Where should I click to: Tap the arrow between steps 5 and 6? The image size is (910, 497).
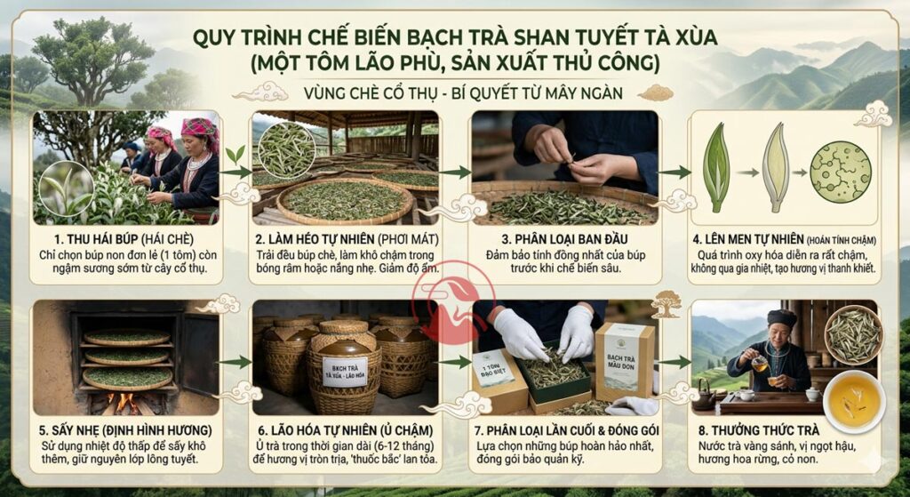234,362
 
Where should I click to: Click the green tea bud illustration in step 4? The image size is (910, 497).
716,166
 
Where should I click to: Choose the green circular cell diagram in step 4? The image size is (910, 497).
840,172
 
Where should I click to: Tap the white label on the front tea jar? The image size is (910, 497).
344,369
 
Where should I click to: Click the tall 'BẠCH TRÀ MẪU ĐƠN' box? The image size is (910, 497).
624,360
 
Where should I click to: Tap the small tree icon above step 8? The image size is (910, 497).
666,303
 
